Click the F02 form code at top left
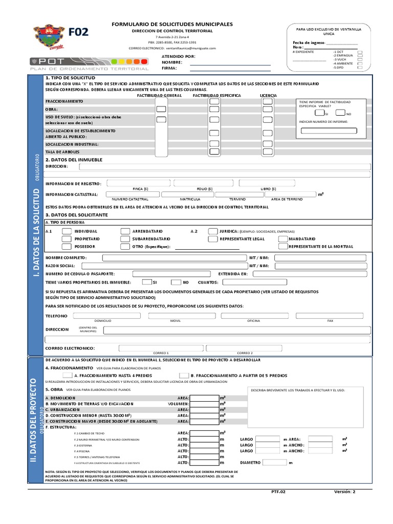[x=78, y=32]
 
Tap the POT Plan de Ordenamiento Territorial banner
[x=90, y=63]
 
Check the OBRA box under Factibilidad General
[x=161, y=110]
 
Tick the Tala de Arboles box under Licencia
[x=268, y=152]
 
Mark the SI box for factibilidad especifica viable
[x=319, y=113]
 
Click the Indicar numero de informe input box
[x=329, y=130]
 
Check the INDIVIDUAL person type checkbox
[x=67, y=231]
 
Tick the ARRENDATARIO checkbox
[x=125, y=231]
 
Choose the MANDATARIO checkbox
[x=283, y=239]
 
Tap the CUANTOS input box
[x=244, y=282]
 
